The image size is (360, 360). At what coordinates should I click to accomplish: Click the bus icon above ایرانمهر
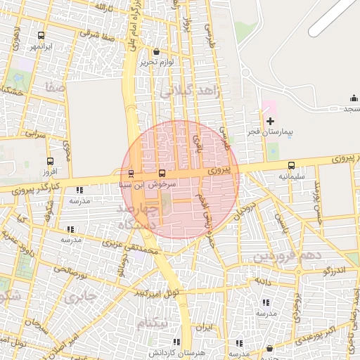(41, 34)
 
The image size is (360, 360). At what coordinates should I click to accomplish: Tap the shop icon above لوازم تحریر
(155, 51)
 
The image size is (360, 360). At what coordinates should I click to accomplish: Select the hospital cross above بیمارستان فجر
(269, 122)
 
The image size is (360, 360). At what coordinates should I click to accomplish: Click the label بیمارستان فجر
(269, 132)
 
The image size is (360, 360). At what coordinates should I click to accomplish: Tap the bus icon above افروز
(49, 161)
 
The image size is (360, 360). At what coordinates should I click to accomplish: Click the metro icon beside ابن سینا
(131, 174)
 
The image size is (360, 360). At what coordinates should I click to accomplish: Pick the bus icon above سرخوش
(162, 173)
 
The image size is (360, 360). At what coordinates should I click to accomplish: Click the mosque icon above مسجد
(353, 98)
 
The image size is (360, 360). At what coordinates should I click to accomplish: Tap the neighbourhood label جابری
(78, 297)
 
